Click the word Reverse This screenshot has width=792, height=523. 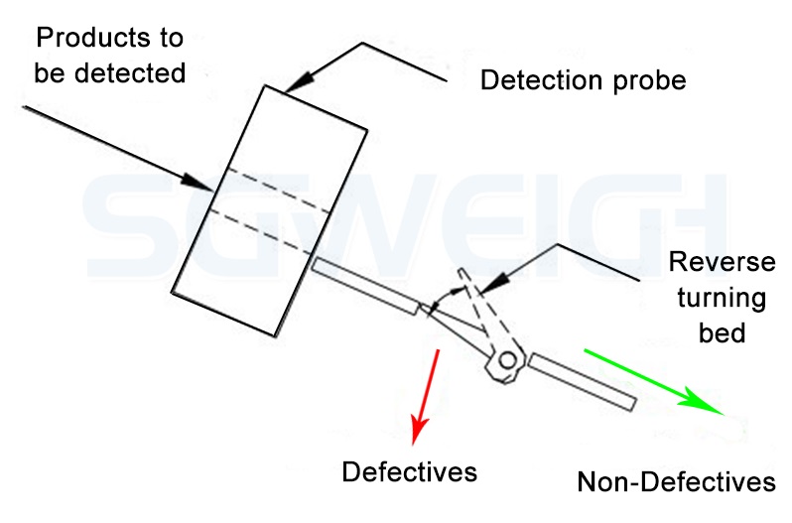click(722, 263)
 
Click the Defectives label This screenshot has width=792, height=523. click(409, 471)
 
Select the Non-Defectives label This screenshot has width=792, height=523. click(676, 482)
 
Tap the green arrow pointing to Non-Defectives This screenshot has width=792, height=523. click(655, 382)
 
